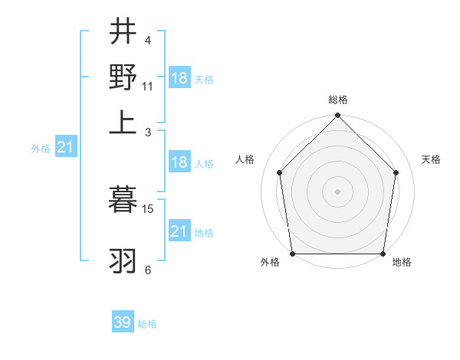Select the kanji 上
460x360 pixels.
123,123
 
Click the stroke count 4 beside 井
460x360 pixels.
147,40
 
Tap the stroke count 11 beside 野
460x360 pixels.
148,86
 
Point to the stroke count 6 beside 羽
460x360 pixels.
147,270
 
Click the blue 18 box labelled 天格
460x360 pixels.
179,78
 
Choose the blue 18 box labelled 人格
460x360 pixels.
179,162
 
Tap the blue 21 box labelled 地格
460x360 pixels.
179,231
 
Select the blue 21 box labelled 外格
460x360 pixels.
64,147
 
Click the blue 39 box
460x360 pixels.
122,322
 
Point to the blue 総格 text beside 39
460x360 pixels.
147,324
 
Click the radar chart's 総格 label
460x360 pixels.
337,100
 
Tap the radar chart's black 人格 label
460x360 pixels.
245,159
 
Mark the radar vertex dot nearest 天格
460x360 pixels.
396,172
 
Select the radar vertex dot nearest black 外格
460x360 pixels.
292,254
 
